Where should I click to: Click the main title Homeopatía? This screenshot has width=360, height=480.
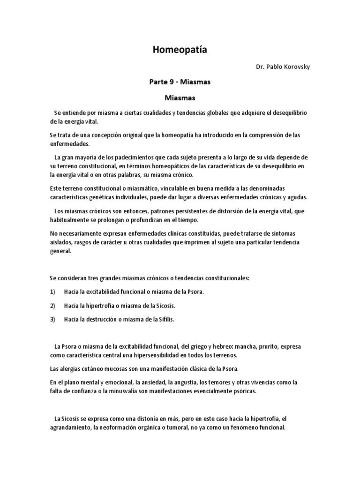click(180, 51)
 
